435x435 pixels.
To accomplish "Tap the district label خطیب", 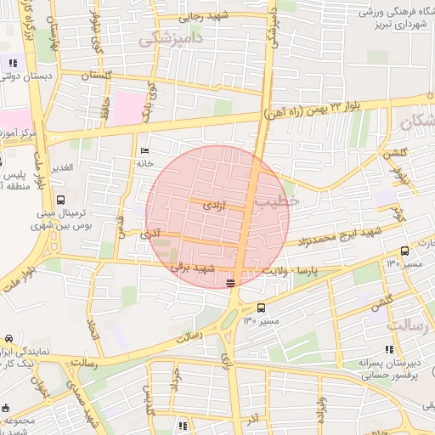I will click(281, 201).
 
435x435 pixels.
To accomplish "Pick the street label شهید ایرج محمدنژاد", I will click(340, 235).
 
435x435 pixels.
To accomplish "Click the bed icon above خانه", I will click(143, 150).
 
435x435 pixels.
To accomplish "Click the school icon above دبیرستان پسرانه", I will click(389, 349).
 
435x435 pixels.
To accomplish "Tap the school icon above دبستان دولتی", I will click(12, 63).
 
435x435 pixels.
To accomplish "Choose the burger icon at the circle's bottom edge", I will click(232, 282).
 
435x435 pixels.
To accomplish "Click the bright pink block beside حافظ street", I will click(126, 109).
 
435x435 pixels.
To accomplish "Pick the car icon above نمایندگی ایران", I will click(8, 338).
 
